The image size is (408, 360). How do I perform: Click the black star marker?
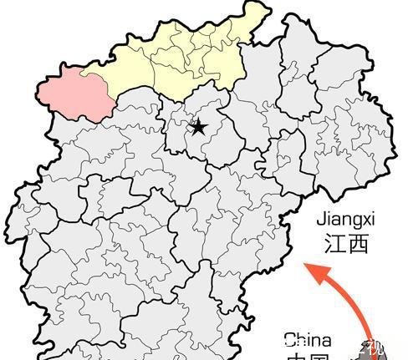point(198,127)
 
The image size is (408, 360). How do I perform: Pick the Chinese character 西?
point(358,243)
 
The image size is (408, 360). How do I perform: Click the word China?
point(307,340)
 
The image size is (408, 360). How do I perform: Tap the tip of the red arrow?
point(306,266)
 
